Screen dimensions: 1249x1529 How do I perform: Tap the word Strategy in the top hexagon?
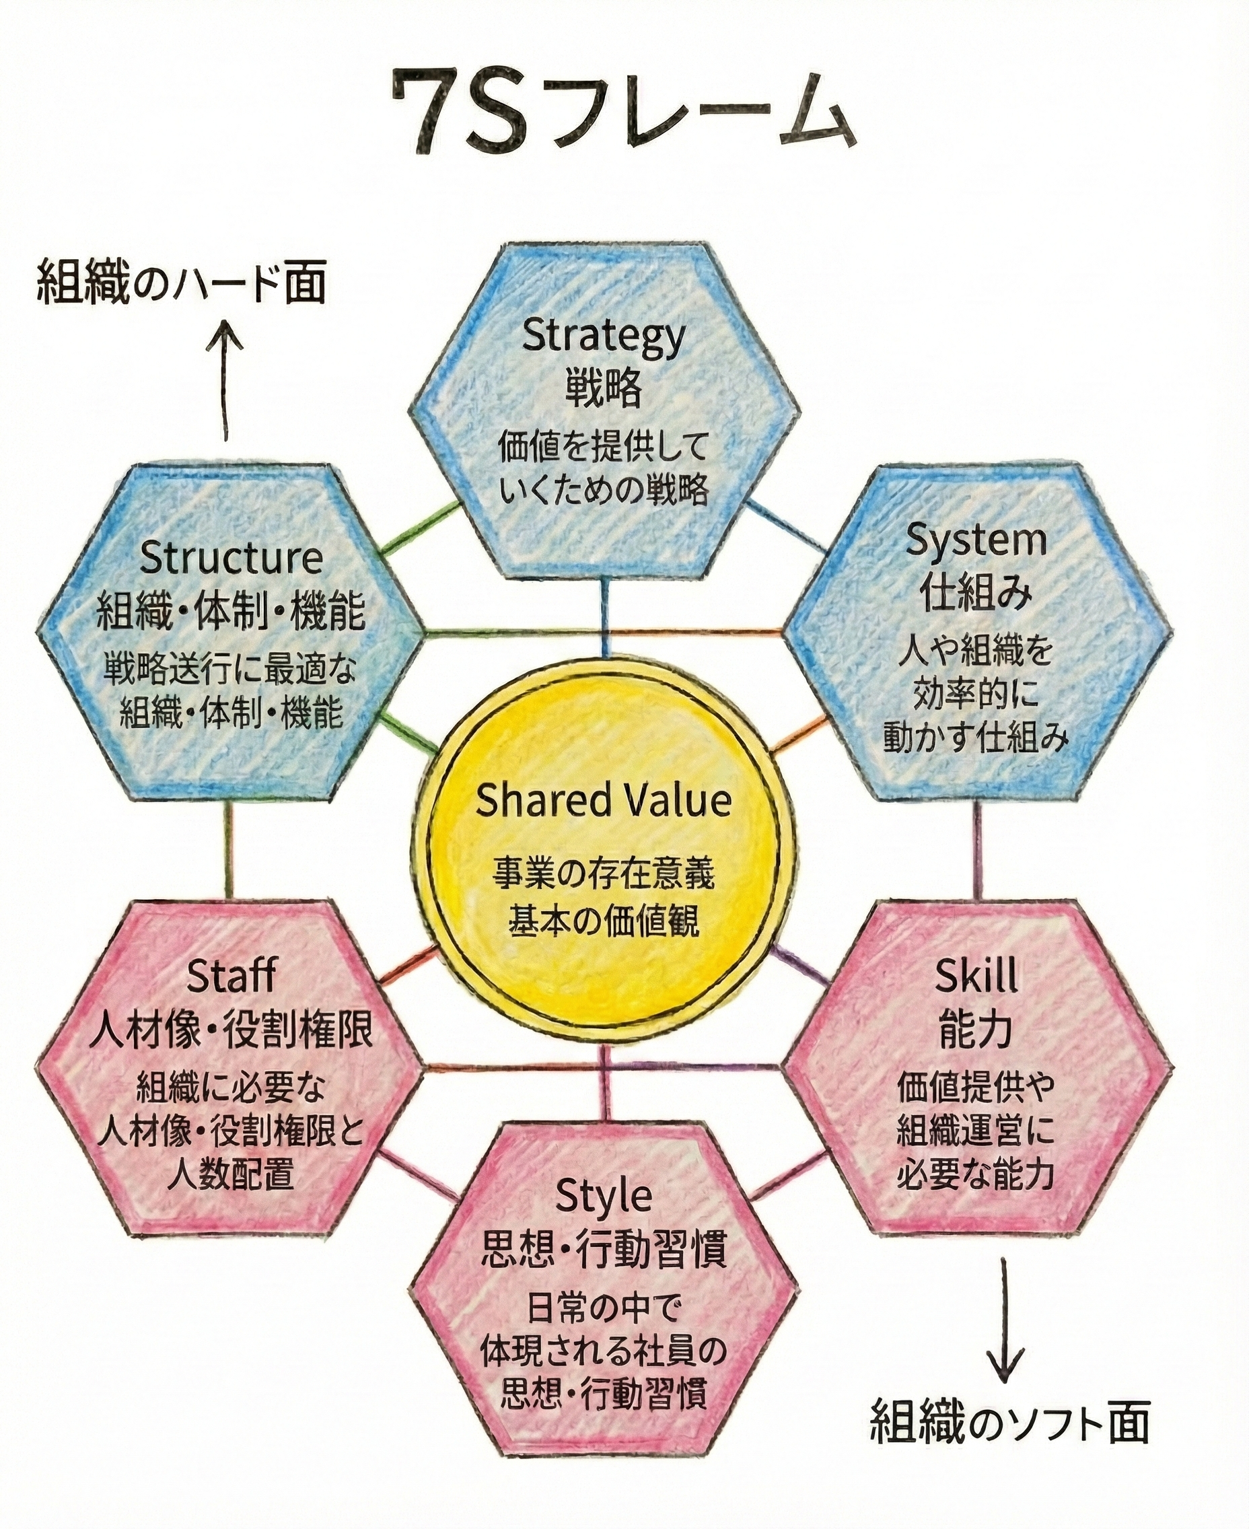point(603,336)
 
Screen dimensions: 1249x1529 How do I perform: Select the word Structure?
point(231,559)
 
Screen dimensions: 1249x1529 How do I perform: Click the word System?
point(976,541)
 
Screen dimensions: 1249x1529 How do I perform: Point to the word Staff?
point(231,976)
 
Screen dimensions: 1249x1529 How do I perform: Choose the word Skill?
point(976,976)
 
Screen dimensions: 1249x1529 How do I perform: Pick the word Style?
point(603,1197)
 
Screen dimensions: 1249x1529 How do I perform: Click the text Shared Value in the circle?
point(603,801)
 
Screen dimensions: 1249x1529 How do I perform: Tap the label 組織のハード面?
point(181,282)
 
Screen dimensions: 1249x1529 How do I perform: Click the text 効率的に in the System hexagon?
point(976,695)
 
